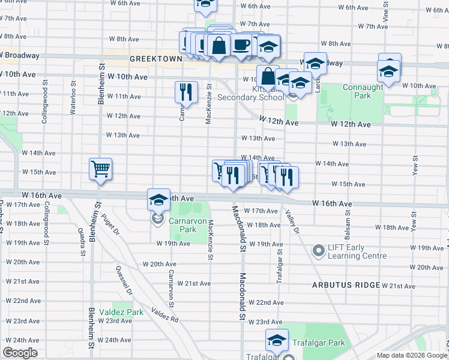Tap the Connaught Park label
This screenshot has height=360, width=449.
coord(363,91)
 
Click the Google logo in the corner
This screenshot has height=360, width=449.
coord(20,353)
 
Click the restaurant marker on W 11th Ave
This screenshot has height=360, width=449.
coord(185,92)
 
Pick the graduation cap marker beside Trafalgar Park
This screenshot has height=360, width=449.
coord(276,340)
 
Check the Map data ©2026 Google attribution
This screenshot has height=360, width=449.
coord(412,355)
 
